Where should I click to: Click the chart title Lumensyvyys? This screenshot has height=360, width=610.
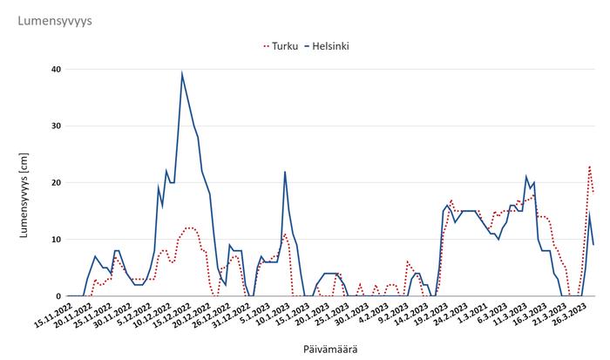point(55,19)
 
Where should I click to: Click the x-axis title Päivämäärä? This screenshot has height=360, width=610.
point(329,349)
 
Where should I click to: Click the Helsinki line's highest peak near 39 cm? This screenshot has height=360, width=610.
point(182,74)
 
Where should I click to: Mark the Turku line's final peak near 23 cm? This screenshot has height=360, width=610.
point(590,166)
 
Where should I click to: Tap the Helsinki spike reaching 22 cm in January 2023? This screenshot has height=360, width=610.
point(285,172)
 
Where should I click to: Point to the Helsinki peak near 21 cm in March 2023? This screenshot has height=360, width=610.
point(526,177)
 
